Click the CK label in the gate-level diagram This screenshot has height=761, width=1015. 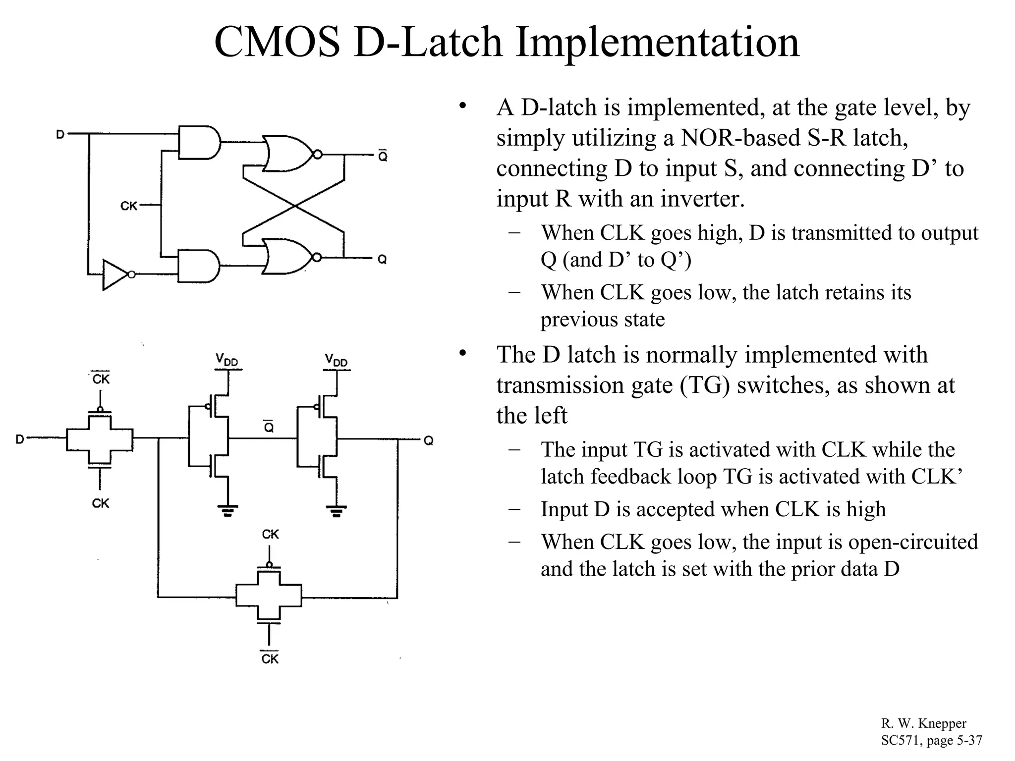point(129,205)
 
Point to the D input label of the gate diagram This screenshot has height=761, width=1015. point(60,134)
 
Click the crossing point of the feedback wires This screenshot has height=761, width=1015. point(294,206)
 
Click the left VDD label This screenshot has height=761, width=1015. point(227,360)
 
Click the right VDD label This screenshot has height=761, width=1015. point(337,360)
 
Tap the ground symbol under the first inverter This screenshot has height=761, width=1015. point(227,510)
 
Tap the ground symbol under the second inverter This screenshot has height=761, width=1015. point(337,510)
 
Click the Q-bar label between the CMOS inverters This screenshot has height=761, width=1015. point(268,427)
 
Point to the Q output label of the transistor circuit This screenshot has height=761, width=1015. point(429,440)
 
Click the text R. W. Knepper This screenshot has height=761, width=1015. point(924,723)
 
